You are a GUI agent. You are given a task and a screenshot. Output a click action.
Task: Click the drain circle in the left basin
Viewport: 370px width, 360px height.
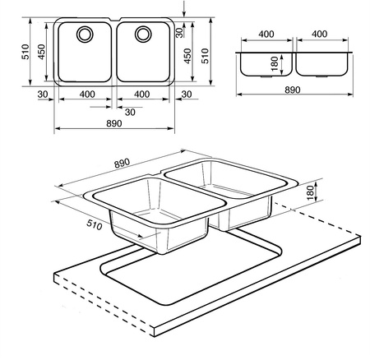tap(85, 35)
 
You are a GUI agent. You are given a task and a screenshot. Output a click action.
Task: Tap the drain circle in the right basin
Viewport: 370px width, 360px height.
tap(143, 35)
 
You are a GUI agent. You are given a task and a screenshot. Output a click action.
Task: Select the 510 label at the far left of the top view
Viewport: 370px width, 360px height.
tap(25, 52)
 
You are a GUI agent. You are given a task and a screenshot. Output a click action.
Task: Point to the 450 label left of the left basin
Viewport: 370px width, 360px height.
tap(41, 52)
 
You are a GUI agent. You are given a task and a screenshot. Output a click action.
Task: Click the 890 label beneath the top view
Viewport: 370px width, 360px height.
tap(114, 123)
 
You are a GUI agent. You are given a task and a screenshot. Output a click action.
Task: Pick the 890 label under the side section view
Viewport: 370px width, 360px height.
tap(293, 90)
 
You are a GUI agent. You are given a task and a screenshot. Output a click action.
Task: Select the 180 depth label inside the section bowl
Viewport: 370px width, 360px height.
tap(275, 63)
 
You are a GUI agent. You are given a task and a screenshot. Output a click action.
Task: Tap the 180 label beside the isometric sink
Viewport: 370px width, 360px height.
tap(310, 192)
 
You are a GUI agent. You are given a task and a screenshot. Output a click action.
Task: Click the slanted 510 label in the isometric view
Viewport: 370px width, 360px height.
tap(95, 225)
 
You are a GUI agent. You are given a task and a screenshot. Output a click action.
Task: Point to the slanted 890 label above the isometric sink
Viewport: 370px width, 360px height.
tap(122, 163)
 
